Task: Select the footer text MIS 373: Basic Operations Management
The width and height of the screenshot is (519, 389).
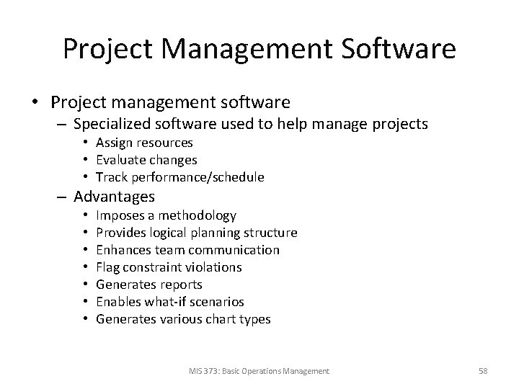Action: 259,370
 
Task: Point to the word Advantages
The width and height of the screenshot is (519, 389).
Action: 114,196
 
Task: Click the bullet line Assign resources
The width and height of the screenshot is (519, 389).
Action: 145,143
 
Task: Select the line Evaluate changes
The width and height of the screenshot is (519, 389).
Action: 146,160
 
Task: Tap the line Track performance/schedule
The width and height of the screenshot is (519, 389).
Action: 180,177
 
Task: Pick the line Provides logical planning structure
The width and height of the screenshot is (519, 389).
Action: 196,233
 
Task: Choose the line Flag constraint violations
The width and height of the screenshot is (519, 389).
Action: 169,267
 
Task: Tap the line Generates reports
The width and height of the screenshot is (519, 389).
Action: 148,285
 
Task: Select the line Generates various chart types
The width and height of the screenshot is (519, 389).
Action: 183,319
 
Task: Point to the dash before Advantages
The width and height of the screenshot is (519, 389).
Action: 63,196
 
